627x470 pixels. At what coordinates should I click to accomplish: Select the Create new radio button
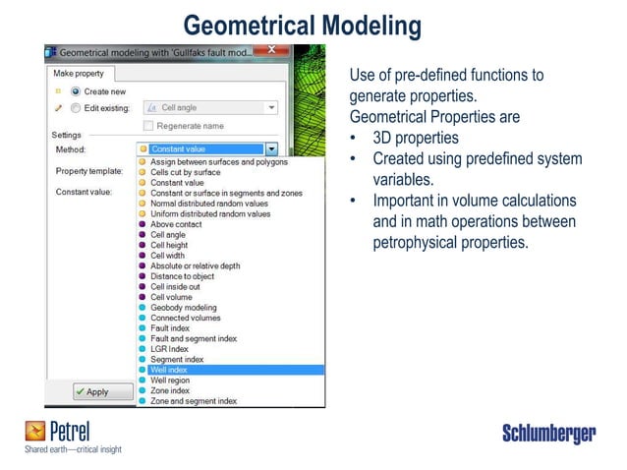pyautogui.click(x=75, y=91)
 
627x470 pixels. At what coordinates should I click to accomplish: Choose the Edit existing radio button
pyautogui.click(x=75, y=107)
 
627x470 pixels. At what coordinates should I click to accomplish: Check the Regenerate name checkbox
pyautogui.click(x=148, y=126)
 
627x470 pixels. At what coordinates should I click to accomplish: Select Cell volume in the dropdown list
pyautogui.click(x=171, y=297)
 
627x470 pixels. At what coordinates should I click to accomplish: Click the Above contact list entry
pyautogui.click(x=176, y=224)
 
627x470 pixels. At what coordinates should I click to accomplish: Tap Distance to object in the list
pyautogui.click(x=182, y=276)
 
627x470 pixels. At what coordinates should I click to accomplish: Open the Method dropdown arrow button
pyautogui.click(x=271, y=149)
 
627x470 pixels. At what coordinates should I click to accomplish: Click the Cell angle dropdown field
pyautogui.click(x=210, y=107)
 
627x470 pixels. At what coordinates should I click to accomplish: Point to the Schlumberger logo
pyautogui.click(x=548, y=434)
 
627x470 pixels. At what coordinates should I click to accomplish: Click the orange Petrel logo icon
pyautogui.click(x=35, y=431)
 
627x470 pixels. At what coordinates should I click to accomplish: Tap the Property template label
pyautogui.click(x=88, y=170)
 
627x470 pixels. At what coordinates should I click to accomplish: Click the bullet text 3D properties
pyautogui.click(x=415, y=139)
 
